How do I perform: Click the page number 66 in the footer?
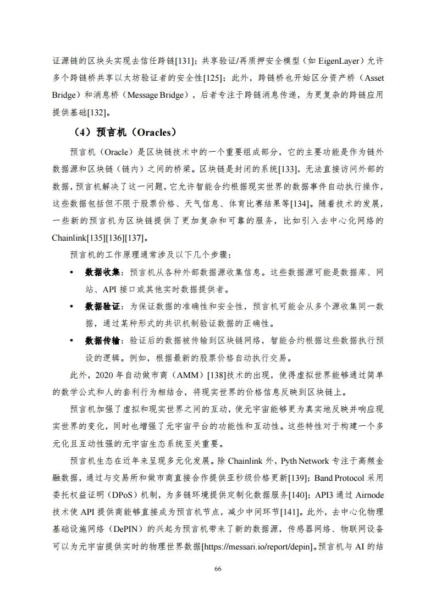(x=218, y=568)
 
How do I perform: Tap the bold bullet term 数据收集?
(x=104, y=273)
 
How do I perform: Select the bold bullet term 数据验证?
(x=104, y=307)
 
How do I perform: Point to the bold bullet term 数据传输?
(x=104, y=341)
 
